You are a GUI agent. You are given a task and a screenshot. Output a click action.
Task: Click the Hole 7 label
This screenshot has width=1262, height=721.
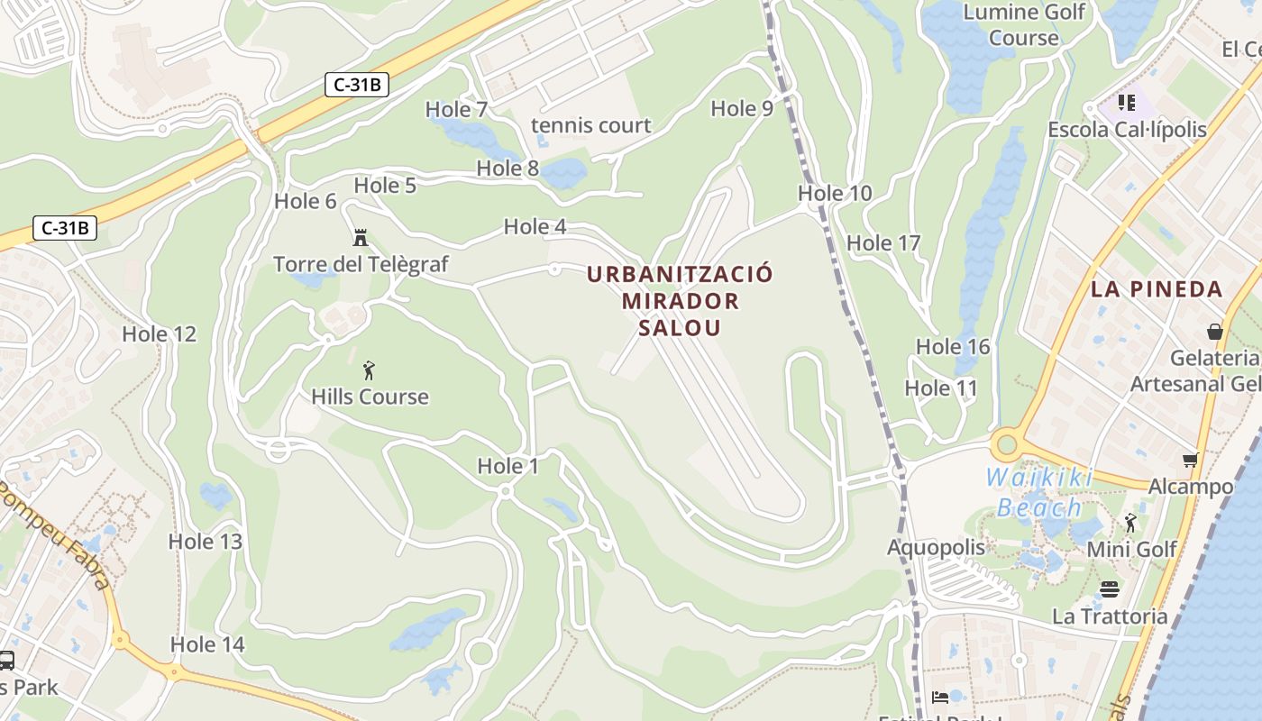coord(456,110)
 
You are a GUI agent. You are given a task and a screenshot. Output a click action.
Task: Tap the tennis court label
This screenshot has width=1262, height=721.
coord(590,125)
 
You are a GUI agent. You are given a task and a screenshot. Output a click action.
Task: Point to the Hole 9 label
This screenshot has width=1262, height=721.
coord(742,108)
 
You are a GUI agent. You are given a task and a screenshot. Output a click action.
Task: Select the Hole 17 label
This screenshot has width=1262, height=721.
coord(883,242)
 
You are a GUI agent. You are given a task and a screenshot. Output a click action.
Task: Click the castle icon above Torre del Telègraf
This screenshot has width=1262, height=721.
coord(361,238)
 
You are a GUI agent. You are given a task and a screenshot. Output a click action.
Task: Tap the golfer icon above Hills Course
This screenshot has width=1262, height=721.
coord(369,370)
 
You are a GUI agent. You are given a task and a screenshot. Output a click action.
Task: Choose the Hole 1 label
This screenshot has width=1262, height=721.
coord(508,466)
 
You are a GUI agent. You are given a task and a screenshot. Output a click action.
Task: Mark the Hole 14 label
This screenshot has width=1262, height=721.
coord(207,644)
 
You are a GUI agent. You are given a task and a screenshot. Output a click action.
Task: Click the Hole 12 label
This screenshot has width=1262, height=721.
coord(159,333)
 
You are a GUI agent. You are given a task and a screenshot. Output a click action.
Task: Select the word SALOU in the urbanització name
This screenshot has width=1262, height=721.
coord(680,327)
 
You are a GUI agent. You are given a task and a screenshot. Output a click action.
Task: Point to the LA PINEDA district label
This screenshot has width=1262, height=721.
coord(1157,289)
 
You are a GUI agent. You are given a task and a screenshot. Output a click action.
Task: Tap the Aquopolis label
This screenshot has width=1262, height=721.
coord(936,547)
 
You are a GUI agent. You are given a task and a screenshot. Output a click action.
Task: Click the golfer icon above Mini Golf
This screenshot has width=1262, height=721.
coord(1130,523)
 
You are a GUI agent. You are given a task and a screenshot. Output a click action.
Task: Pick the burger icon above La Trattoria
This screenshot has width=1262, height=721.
coord(1110,589)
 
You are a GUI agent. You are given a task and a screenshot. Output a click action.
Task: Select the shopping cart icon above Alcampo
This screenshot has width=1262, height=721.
coord(1191,461)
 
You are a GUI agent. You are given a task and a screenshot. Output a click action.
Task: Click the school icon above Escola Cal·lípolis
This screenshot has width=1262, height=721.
coord(1127,103)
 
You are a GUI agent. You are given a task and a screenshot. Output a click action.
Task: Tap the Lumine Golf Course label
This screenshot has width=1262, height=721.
coord(1023,25)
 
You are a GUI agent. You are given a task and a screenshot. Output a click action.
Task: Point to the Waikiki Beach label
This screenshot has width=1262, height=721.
coord(1039,492)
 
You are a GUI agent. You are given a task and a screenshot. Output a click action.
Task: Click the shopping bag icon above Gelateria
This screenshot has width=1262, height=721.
coord(1215,332)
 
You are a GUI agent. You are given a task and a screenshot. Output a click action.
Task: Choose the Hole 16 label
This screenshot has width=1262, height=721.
coord(953,346)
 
